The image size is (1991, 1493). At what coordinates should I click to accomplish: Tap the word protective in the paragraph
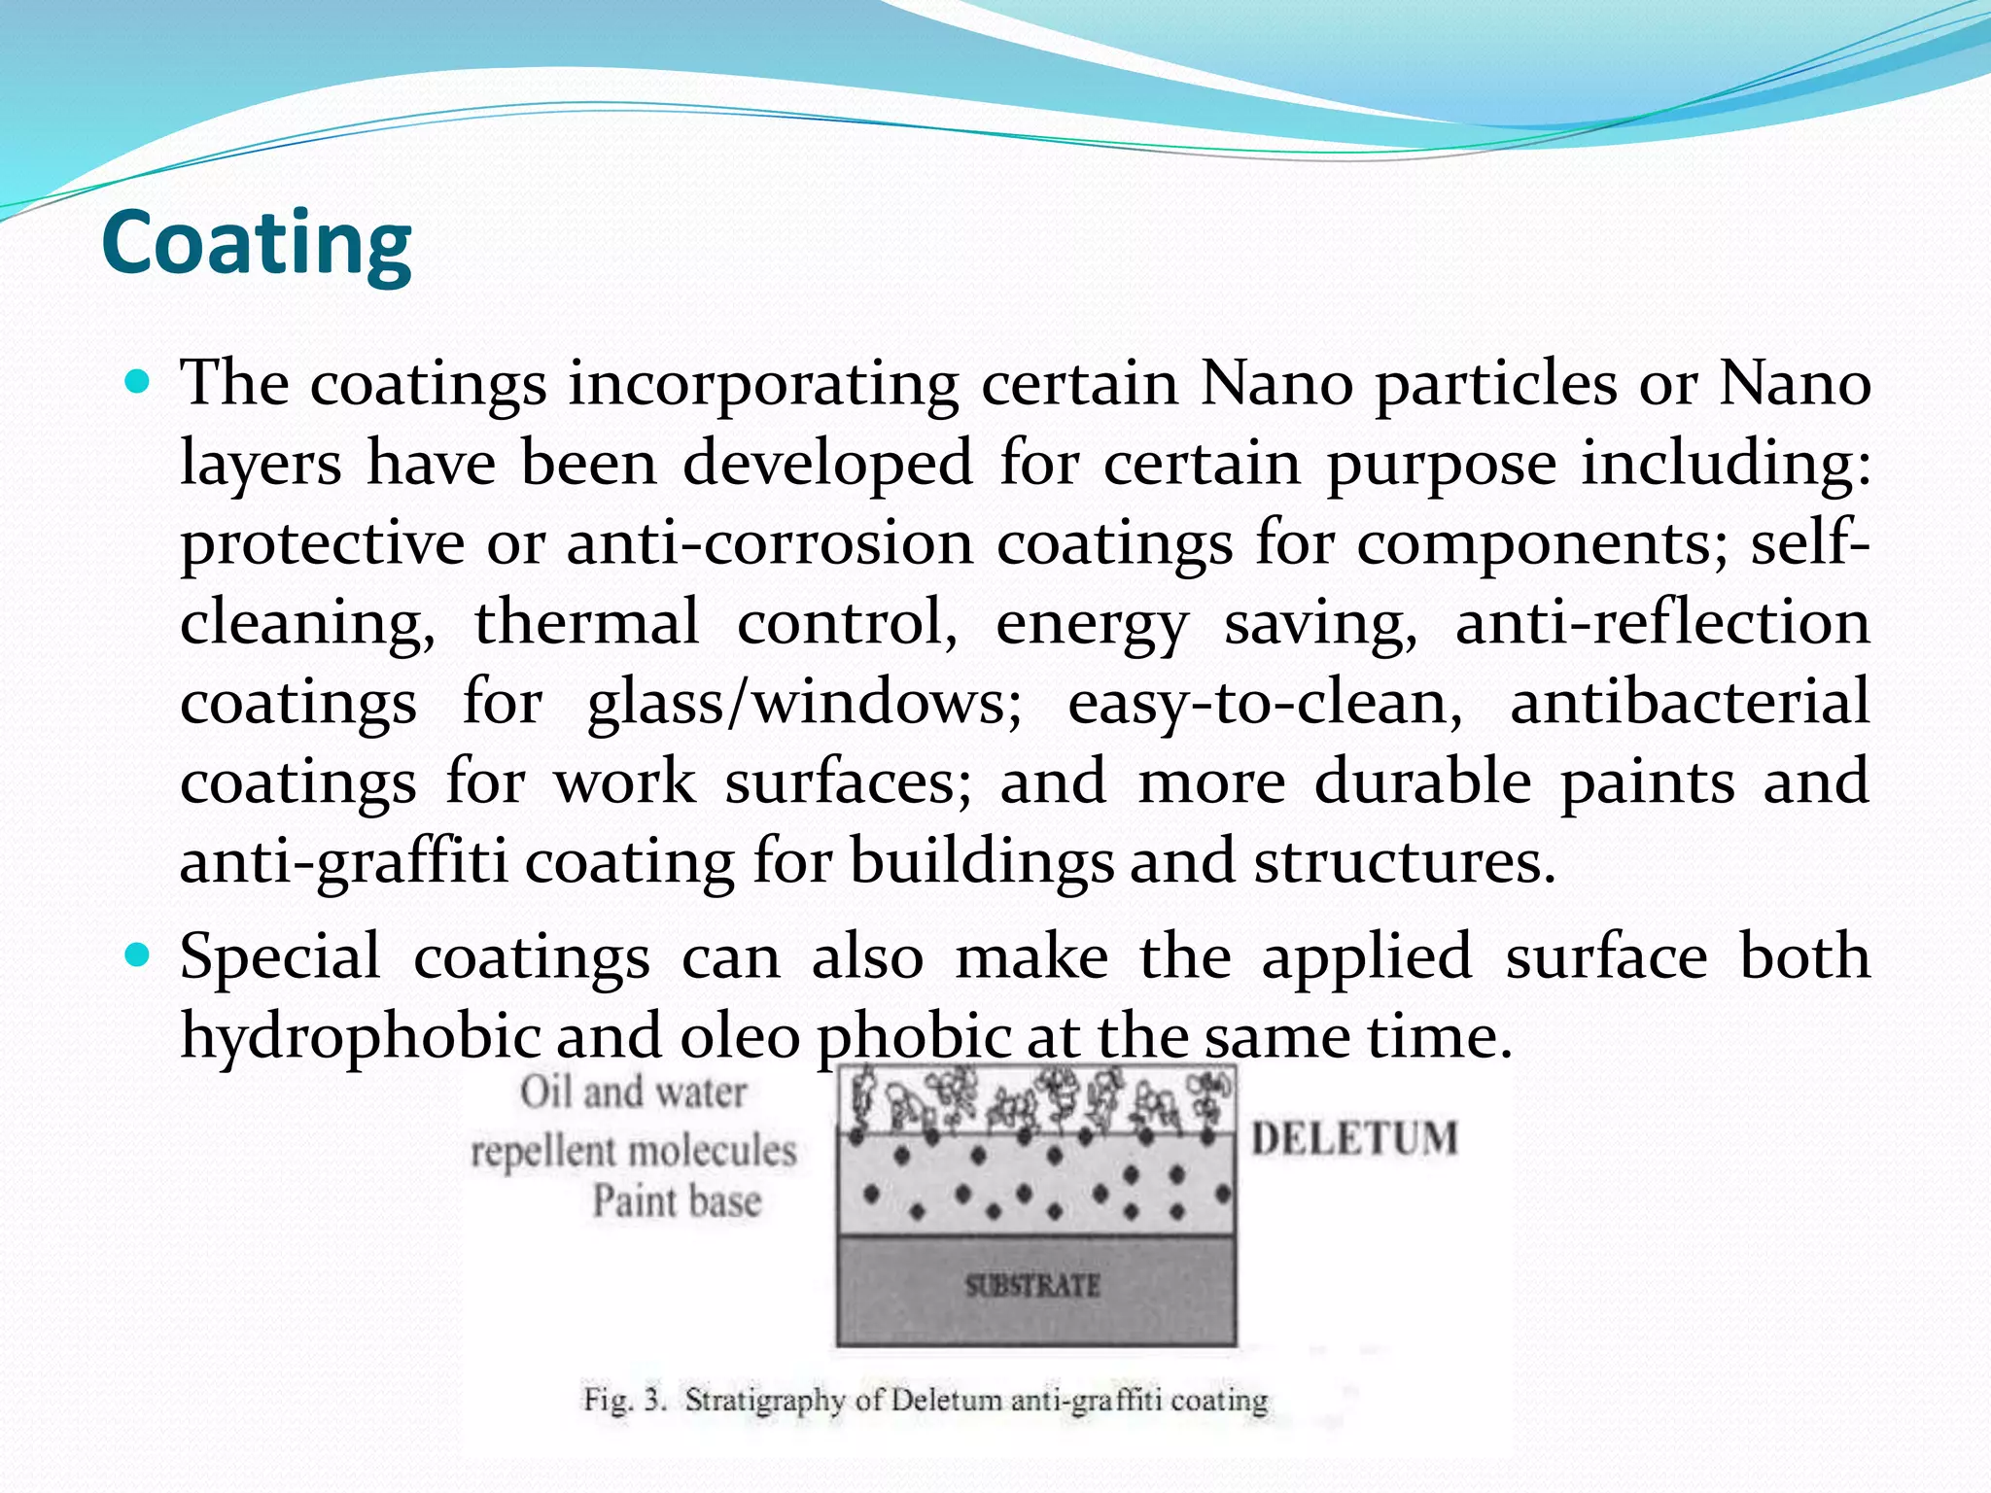[x=322, y=544]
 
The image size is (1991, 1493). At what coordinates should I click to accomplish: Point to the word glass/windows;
[x=804, y=704]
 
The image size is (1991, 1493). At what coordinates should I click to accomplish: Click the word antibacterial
[x=1689, y=702]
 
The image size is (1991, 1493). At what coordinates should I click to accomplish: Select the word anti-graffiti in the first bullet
[x=343, y=863]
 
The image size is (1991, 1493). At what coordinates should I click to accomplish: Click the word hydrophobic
[x=360, y=1037]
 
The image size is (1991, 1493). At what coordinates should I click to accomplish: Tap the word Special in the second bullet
[x=280, y=957]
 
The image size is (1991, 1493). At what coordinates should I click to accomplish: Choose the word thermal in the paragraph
[x=586, y=622]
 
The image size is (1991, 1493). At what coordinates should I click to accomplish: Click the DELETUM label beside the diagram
[x=1354, y=1138]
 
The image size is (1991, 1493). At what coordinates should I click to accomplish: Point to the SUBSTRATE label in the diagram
[x=1032, y=1286]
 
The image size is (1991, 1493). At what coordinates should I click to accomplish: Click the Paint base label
[x=678, y=1201]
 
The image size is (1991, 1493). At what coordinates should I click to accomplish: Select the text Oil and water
[x=633, y=1093]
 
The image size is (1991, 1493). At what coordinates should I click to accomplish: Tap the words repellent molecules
[x=634, y=1152]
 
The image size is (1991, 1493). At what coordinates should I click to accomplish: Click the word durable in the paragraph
[x=1422, y=781]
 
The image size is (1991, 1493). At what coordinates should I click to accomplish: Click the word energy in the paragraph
[x=1092, y=624]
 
